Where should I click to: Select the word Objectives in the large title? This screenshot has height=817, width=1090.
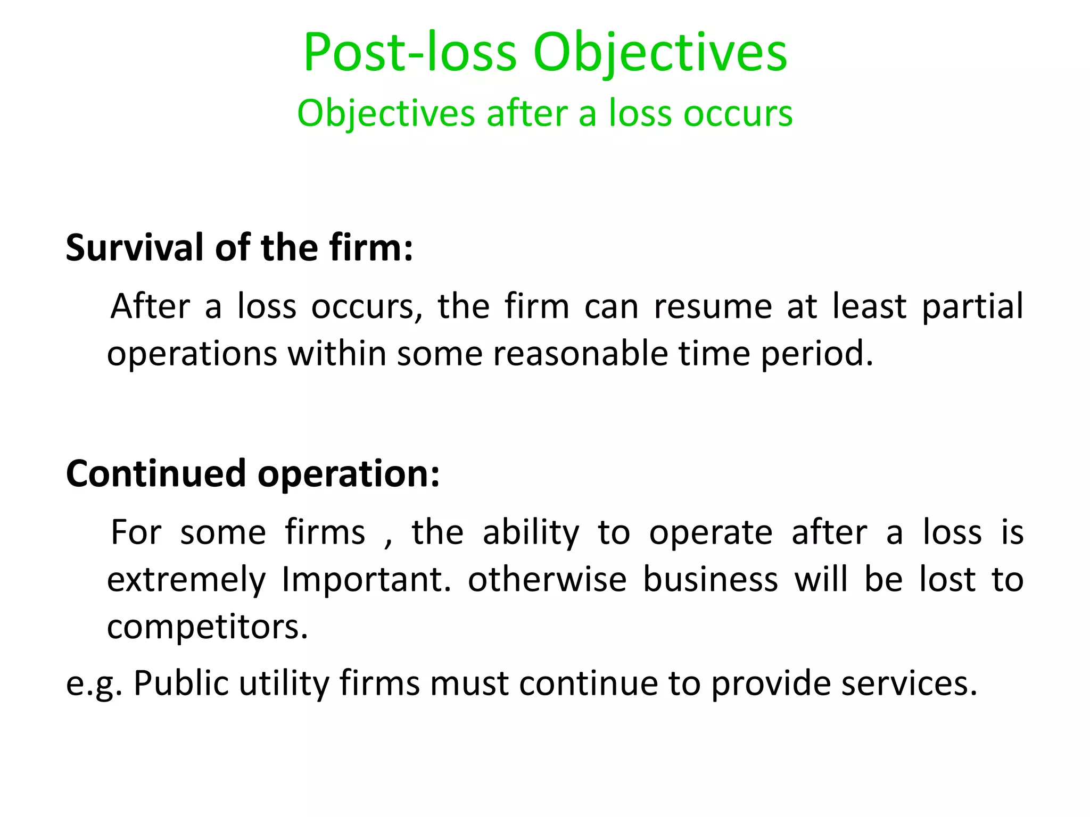tap(660, 53)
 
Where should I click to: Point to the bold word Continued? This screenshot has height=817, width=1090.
tap(156, 473)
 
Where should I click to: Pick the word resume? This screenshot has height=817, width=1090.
tap(713, 306)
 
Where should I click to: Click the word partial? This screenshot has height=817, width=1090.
tap(972, 307)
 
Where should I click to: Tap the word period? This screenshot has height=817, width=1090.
tap(817, 354)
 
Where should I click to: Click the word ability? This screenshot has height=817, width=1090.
tap(531, 533)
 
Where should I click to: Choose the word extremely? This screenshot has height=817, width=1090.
tap(186, 580)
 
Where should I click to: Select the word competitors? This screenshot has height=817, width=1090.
tap(208, 627)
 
